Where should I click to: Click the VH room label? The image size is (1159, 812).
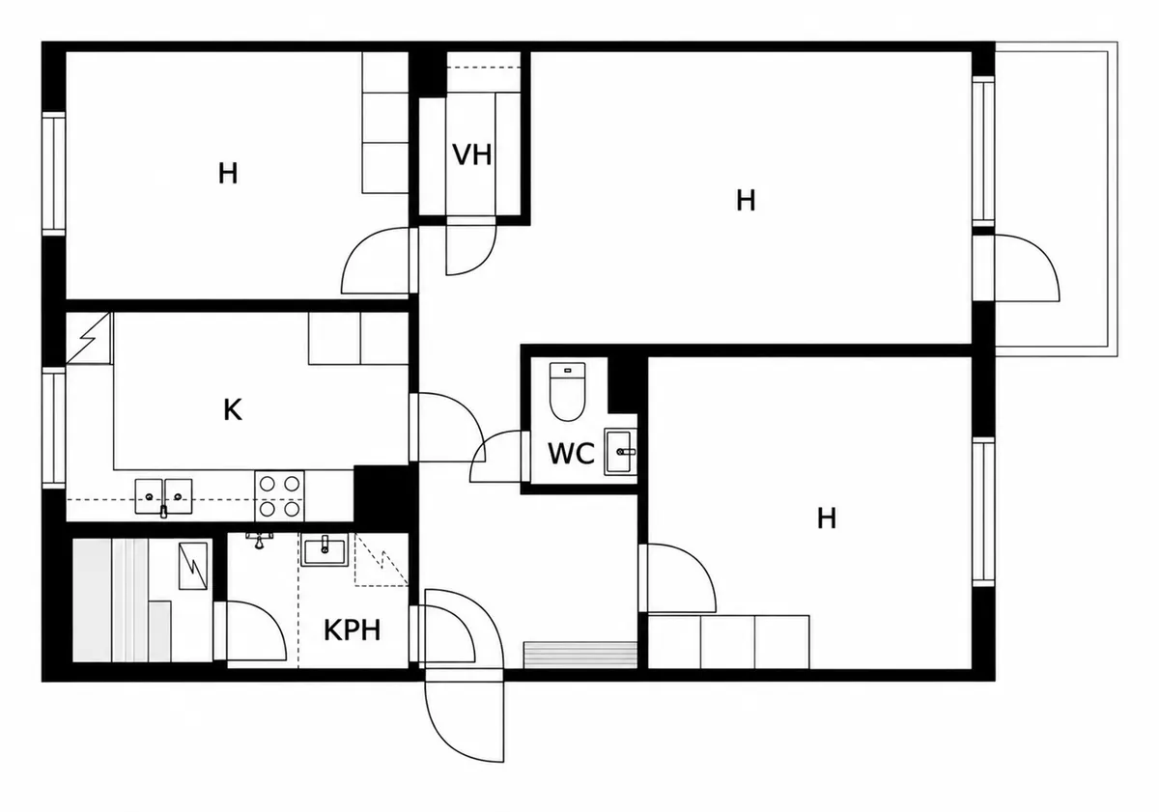click(471, 154)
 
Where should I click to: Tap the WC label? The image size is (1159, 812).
click(571, 454)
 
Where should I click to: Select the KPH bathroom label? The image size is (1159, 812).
click(352, 630)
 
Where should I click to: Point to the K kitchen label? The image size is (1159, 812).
click(233, 410)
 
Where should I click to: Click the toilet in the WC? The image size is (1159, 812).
click(567, 392)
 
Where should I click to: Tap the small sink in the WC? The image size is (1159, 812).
click(620, 452)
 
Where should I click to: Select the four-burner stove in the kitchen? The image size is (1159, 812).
click(279, 496)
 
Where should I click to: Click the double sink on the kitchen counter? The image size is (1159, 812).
click(163, 496)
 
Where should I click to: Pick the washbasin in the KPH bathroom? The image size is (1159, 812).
click(325, 551)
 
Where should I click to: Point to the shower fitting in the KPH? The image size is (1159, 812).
click(259, 541)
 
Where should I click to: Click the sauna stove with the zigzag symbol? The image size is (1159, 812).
click(193, 566)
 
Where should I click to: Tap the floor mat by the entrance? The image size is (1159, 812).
click(580, 655)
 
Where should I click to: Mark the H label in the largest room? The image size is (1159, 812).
click(746, 201)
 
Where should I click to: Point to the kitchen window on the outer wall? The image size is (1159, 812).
click(54, 428)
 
